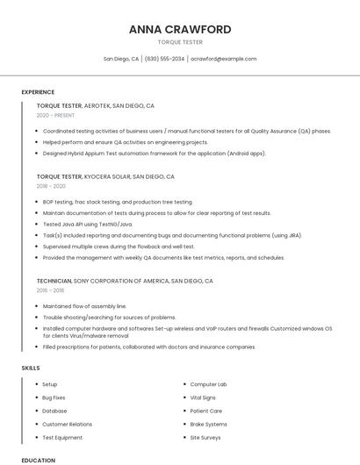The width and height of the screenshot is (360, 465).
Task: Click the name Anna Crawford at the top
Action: tap(180, 29)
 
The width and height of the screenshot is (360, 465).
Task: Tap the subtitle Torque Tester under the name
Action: tap(180, 42)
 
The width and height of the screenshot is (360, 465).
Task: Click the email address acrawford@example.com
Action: tap(223, 59)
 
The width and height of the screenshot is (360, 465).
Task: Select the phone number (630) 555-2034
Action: tap(164, 59)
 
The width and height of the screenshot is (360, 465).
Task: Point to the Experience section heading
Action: tap(38, 92)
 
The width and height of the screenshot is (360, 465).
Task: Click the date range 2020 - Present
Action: tap(55, 115)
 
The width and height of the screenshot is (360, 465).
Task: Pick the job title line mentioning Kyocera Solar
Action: tap(105, 176)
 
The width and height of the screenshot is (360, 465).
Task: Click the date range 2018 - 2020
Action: tap(51, 186)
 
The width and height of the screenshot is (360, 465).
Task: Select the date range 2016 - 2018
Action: tap(50, 290)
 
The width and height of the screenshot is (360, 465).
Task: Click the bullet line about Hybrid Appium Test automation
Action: tap(154, 154)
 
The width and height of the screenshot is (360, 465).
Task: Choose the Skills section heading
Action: tap(31, 368)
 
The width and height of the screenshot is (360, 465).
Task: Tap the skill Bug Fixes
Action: tap(54, 397)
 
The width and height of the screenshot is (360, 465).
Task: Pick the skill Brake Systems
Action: tap(209, 424)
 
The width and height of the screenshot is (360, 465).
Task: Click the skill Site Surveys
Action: tap(205, 437)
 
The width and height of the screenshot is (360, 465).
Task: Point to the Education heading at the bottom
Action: tap(38, 460)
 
